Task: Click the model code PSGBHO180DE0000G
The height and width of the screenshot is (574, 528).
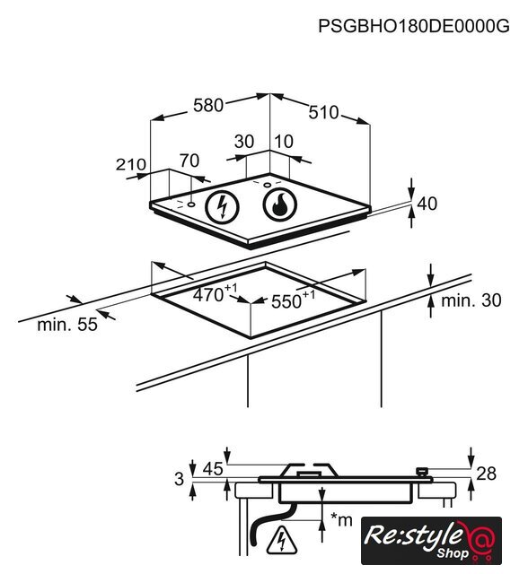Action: coord(414,26)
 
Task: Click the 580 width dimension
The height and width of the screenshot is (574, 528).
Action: coord(208,106)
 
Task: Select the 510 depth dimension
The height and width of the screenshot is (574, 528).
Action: coord(324,112)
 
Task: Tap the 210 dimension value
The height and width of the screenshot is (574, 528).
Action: coord(131,164)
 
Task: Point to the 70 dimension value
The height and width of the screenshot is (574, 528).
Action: coord(189,161)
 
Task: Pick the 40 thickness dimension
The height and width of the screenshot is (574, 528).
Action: coord(427,204)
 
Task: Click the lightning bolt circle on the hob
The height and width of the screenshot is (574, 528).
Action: coord(222,207)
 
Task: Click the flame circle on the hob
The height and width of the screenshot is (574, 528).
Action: coord(280,204)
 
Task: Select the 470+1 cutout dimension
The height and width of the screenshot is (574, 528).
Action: coord(216,293)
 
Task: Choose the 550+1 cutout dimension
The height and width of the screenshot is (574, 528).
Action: coord(293,300)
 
